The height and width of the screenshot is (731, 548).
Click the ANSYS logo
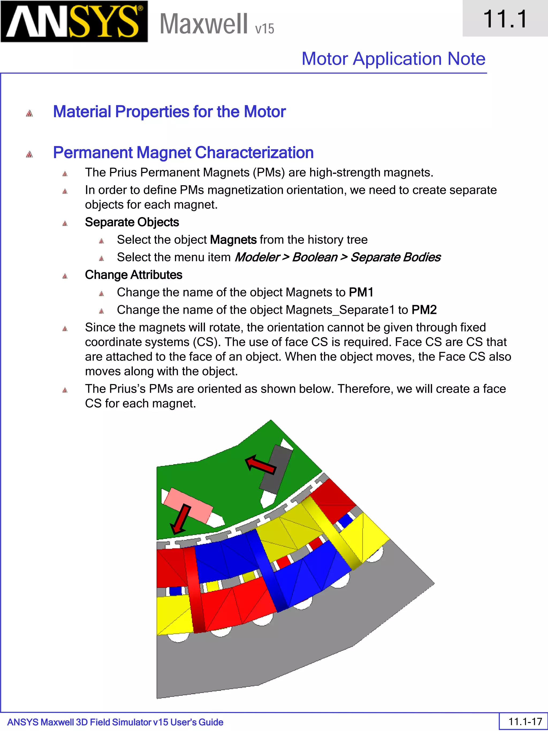tap(74, 21)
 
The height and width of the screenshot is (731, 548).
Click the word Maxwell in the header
tap(203, 24)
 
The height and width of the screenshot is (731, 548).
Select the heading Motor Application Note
tap(393, 59)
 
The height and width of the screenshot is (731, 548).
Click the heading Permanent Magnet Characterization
tap(183, 153)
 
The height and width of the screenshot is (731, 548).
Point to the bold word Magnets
tap(233, 240)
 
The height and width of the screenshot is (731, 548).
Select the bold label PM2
tap(424, 310)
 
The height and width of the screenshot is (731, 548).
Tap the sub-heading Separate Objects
tap(132, 222)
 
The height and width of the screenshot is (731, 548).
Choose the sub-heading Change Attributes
tap(134, 275)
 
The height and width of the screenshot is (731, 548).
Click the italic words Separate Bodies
tap(395, 257)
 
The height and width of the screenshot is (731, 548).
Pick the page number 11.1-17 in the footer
tap(525, 721)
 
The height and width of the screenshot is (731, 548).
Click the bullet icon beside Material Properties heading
tap(29, 113)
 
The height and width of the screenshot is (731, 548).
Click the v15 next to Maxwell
tap(265, 29)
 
